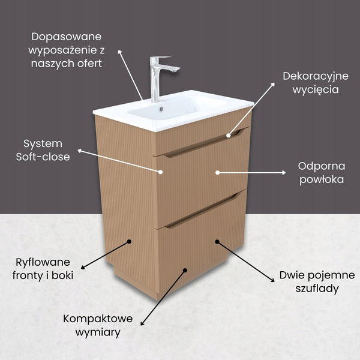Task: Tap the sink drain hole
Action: (x=161, y=109)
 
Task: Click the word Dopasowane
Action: (x=67, y=37)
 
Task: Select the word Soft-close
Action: (x=43, y=157)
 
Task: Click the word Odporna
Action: (x=322, y=166)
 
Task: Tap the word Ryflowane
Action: (x=43, y=263)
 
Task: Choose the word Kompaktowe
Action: (x=98, y=319)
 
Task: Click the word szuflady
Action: (x=317, y=289)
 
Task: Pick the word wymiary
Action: (x=98, y=332)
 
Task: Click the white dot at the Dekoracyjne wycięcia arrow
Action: (x=228, y=136)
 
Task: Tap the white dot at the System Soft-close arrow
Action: (x=161, y=172)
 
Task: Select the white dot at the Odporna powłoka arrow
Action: (x=217, y=172)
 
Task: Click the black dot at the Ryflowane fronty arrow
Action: (x=129, y=242)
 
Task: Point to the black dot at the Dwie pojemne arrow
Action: (x=217, y=242)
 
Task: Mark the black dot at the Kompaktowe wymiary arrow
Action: (x=185, y=271)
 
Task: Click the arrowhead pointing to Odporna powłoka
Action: (x=284, y=172)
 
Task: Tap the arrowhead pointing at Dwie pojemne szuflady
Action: (x=272, y=280)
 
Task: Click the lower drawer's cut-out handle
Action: (x=202, y=211)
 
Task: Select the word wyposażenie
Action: (x=67, y=50)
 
